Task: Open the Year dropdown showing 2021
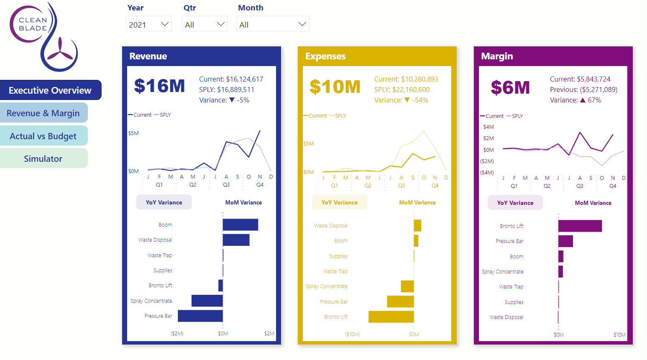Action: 148,24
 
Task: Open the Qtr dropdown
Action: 205,24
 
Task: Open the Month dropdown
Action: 272,24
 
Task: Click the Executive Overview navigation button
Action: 50,90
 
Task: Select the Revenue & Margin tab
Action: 43,113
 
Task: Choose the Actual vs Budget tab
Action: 43,136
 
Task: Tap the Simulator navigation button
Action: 43,159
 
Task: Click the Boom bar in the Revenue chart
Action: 240,225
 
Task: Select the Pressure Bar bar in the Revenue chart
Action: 200,316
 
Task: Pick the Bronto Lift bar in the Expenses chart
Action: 391,317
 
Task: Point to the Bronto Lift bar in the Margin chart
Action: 580,226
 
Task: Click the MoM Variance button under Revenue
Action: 243,202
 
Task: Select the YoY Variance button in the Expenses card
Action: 339,202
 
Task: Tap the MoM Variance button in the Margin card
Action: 593,203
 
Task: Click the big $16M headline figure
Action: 159,86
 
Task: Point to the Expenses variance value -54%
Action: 420,100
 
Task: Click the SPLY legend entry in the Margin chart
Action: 517,116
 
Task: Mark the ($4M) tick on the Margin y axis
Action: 487,172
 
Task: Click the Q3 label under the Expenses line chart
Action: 401,185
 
